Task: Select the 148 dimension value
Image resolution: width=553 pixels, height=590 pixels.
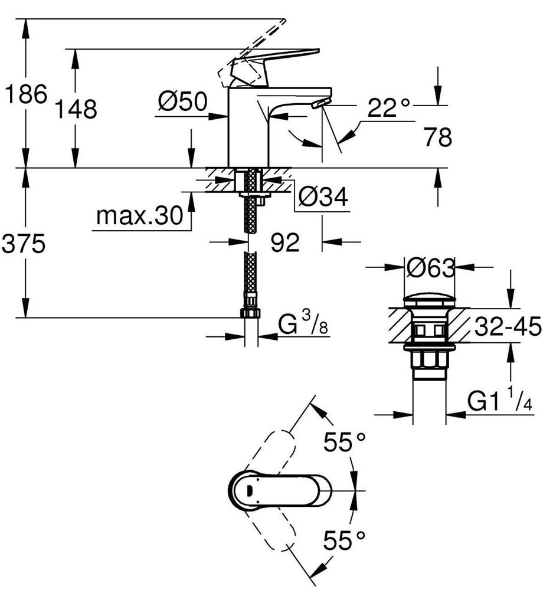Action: click(x=76, y=109)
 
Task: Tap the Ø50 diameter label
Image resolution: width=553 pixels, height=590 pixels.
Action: click(x=183, y=101)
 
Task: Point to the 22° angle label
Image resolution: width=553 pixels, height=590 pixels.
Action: click(x=388, y=107)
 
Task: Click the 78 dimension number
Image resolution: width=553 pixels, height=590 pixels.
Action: click(x=438, y=137)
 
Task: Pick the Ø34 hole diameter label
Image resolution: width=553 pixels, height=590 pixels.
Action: click(x=323, y=196)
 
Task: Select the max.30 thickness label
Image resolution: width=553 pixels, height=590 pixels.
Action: click(x=140, y=215)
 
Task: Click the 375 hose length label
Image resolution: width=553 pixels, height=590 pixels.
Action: click(x=24, y=243)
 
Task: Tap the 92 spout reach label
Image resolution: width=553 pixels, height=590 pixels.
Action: click(x=285, y=242)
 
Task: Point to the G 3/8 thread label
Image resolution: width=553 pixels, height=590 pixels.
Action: click(x=303, y=323)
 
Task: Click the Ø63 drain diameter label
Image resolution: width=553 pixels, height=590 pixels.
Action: click(x=431, y=268)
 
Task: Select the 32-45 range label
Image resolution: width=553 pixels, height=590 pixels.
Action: click(x=508, y=326)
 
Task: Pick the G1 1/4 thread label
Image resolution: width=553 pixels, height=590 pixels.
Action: click(x=499, y=400)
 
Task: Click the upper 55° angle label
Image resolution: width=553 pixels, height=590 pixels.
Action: click(x=345, y=441)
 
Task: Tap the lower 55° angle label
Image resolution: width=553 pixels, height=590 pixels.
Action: click(x=344, y=540)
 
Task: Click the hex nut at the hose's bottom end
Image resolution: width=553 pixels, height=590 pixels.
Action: click(x=250, y=313)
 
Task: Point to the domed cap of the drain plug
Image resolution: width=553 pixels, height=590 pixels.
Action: click(x=430, y=300)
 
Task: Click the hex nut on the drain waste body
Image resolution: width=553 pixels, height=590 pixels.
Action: click(x=429, y=360)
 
